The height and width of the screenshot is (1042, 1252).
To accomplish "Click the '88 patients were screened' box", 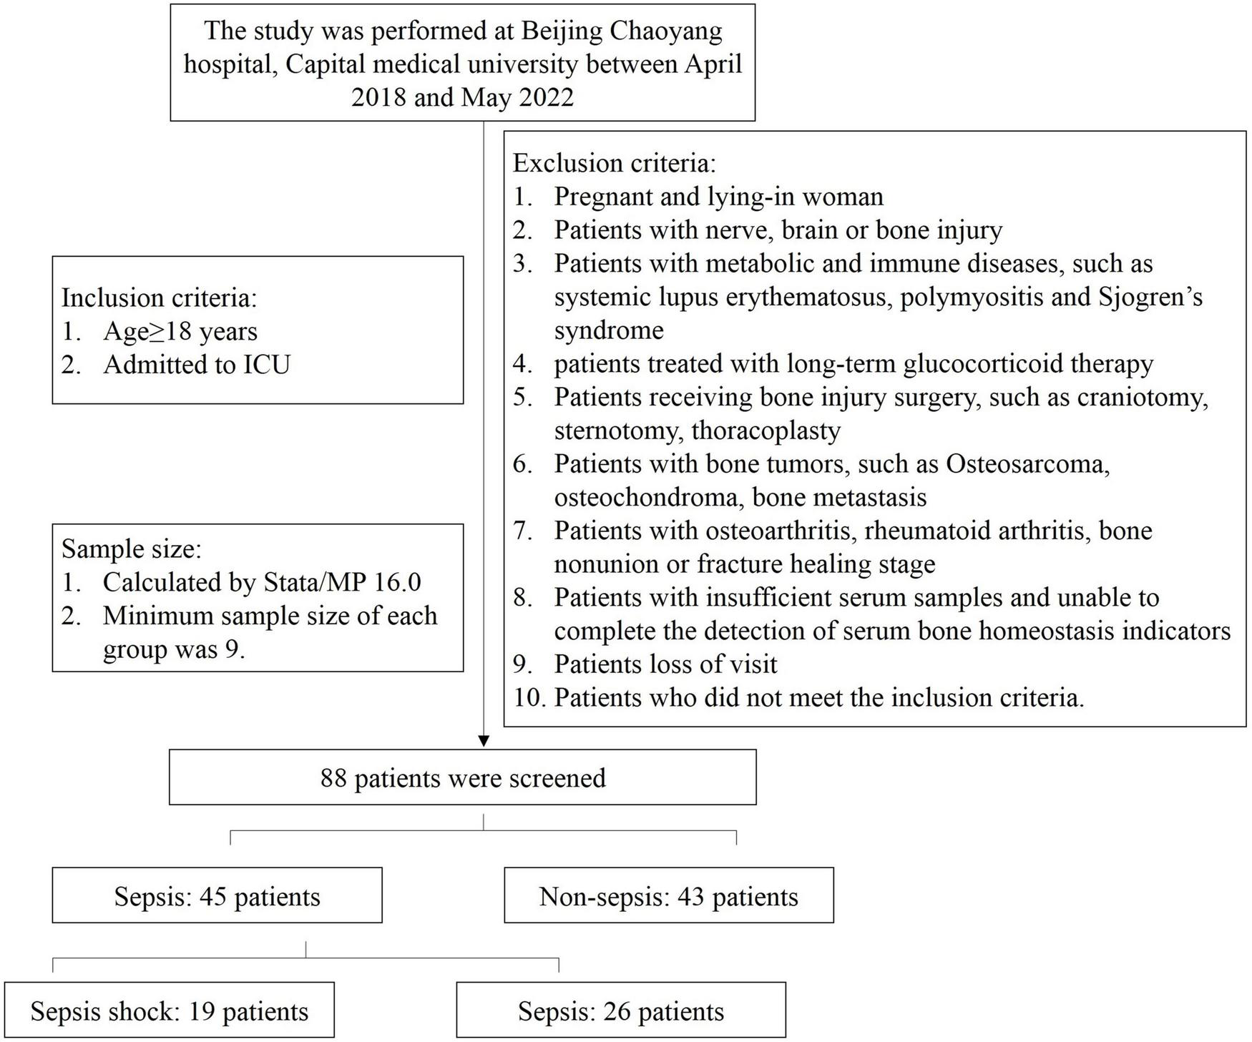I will point(462,777).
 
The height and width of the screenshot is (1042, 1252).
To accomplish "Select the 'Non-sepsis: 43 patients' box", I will point(668,896).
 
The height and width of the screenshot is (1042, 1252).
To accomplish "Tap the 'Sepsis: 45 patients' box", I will point(217,896).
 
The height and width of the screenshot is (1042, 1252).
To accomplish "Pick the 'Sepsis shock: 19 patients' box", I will point(169,1011).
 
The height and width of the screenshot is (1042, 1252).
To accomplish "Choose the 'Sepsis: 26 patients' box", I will point(620,1011).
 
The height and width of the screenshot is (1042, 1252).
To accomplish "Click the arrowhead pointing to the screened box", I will point(484,741).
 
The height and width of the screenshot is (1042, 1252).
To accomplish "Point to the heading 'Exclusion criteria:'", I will point(614,163).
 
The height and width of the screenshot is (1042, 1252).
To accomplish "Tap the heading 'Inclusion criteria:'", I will point(159,297).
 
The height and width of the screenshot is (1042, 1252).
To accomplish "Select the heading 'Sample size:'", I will point(132,549).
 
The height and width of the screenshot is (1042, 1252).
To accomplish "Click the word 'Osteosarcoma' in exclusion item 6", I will point(1027,464).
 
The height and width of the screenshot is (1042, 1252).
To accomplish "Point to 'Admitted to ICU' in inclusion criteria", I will point(197,365).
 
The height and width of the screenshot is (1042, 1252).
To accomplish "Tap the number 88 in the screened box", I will point(333,777).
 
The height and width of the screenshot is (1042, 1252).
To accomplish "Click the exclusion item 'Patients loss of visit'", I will point(665,664).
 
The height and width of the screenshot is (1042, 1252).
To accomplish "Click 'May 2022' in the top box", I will point(517,97).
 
